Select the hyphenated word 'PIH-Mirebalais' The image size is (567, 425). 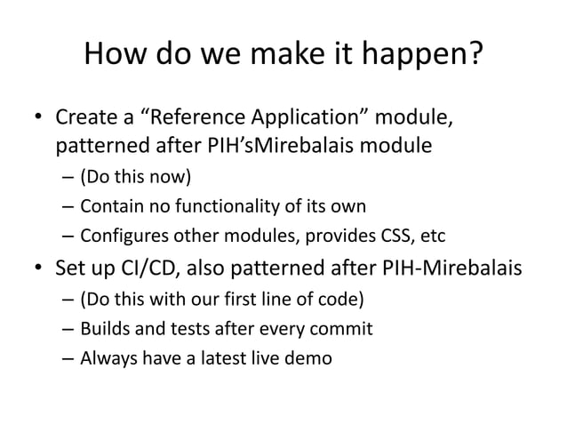pos(454,269)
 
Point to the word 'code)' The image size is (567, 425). pos(343,298)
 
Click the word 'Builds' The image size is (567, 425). pos(103,330)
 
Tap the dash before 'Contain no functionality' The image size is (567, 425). pos(68,208)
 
